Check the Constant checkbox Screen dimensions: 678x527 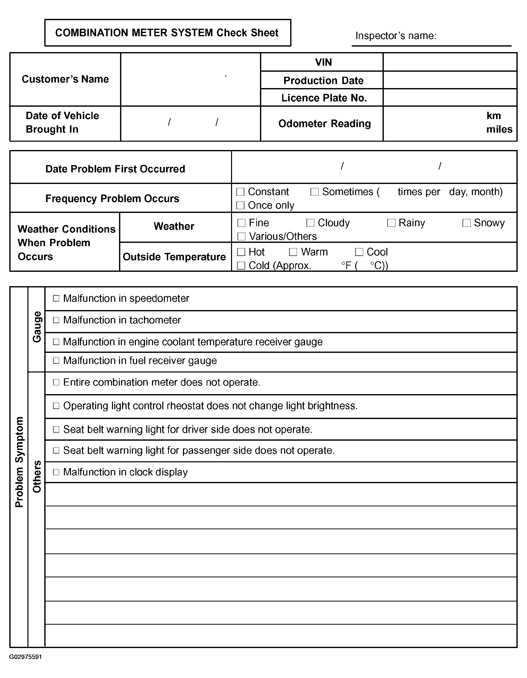[x=240, y=192]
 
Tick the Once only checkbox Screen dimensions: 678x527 [x=240, y=205]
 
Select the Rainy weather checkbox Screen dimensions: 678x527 [x=391, y=223]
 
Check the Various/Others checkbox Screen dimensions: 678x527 [x=241, y=237]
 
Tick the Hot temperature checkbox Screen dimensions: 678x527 [x=241, y=252]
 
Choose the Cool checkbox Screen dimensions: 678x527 [x=359, y=252]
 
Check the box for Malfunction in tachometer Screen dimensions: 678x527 [x=56, y=320]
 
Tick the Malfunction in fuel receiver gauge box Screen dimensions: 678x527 [x=56, y=361]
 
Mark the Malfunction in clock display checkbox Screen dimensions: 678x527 [x=56, y=472]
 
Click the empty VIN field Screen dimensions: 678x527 [x=450, y=62]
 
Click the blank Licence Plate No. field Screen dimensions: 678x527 [x=450, y=98]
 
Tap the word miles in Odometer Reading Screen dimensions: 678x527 [x=499, y=129]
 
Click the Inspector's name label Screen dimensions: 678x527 [x=395, y=36]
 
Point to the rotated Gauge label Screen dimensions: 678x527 [x=37, y=327]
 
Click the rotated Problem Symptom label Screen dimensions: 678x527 [x=19, y=462]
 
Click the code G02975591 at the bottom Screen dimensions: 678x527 [x=25, y=657]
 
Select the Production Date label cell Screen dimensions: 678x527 [x=323, y=80]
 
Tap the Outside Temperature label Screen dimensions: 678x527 [x=174, y=257]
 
